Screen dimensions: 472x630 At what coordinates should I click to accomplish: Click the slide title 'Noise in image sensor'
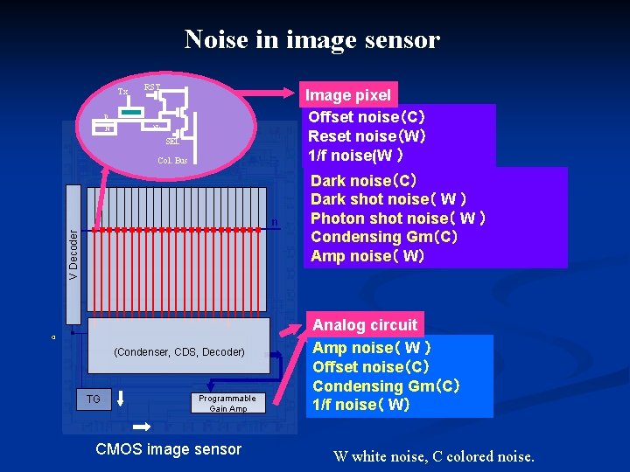(x=311, y=39)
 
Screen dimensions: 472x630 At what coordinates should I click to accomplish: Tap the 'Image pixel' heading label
(x=347, y=95)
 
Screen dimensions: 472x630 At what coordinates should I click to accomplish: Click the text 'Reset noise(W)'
(x=367, y=135)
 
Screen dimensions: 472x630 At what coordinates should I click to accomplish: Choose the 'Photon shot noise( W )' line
(x=398, y=218)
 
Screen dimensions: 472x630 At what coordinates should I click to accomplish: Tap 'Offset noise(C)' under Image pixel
(x=367, y=117)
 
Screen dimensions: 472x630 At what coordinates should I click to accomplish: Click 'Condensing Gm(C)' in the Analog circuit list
(x=386, y=385)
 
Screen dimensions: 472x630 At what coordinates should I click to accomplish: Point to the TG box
(x=94, y=399)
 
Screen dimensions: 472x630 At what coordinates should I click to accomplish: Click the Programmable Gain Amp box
(x=227, y=403)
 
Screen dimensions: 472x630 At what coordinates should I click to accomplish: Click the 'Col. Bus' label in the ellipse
(x=171, y=161)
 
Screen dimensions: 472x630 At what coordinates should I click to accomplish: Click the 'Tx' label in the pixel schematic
(x=122, y=91)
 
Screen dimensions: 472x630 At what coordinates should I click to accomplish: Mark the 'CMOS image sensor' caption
(x=167, y=449)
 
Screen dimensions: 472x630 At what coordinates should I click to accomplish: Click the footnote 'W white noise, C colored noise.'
(x=433, y=455)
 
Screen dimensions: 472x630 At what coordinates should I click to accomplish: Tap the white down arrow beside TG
(x=120, y=399)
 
